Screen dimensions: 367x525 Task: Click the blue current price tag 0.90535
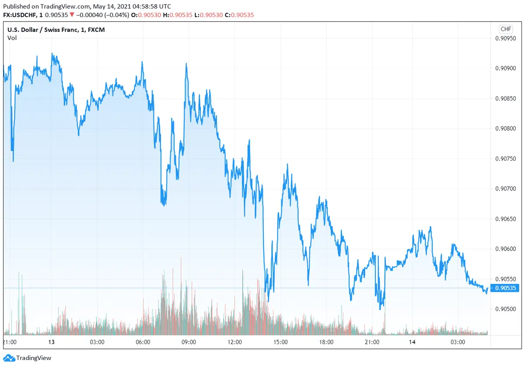coord(505,288)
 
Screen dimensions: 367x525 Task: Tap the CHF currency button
coord(505,29)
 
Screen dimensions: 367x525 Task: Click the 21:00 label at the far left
coord(10,342)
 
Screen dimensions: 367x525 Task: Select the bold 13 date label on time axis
coord(51,342)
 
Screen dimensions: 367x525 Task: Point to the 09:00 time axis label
coord(189,342)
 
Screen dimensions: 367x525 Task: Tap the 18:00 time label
coord(326,342)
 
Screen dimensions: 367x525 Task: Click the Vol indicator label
coord(12,38)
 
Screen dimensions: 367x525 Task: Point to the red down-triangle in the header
coord(72,15)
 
